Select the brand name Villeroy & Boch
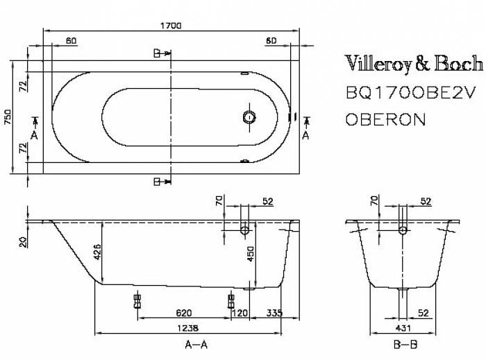pos(414,65)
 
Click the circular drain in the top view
pos(249,116)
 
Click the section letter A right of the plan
pos(305,135)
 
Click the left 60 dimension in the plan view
pos(71,41)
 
